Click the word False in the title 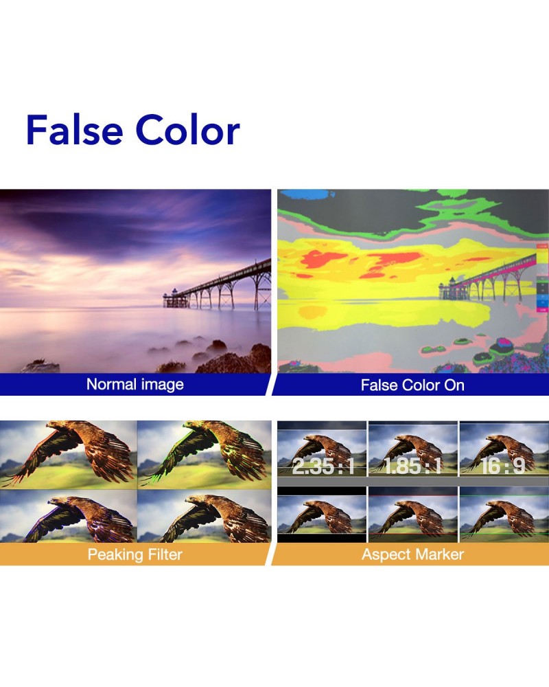(74, 130)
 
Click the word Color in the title (188, 130)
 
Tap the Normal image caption (135, 384)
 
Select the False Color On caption (412, 385)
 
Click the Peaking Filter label (135, 554)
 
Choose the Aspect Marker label (412, 554)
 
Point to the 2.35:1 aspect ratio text (323, 466)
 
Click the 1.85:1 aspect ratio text (413, 466)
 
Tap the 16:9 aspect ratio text (502, 466)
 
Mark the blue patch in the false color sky (307, 194)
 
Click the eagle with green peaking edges (205, 454)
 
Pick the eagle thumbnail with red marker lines (413, 515)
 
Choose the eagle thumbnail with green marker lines (504, 515)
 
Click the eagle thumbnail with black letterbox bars (322, 515)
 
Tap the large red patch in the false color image (323, 259)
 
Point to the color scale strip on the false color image (542, 278)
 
